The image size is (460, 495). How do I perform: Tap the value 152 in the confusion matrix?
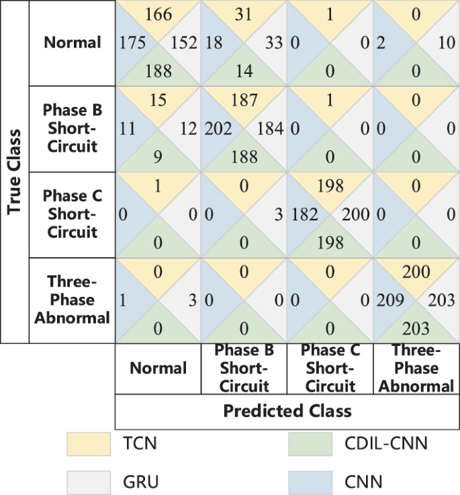183,43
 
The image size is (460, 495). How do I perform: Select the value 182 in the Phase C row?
304,214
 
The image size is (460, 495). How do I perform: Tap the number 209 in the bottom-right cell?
390,300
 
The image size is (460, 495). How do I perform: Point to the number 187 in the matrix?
244,100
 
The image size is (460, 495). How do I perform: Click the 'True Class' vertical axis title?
13,171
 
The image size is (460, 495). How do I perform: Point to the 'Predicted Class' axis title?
287,410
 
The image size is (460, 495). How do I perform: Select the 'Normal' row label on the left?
73,42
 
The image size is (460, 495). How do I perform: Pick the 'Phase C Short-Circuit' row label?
73,214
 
